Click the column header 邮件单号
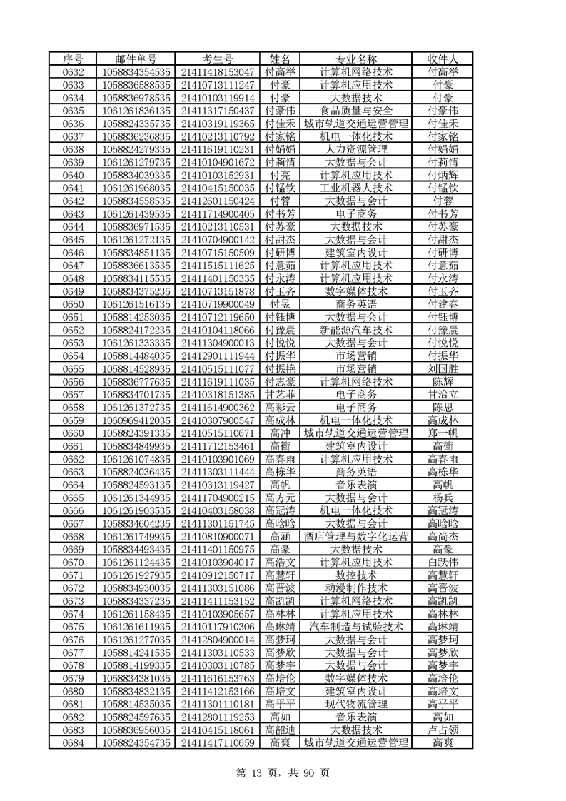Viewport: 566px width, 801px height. coord(136,59)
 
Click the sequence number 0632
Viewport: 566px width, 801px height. coord(74,71)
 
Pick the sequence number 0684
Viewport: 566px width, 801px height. coord(74,742)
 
